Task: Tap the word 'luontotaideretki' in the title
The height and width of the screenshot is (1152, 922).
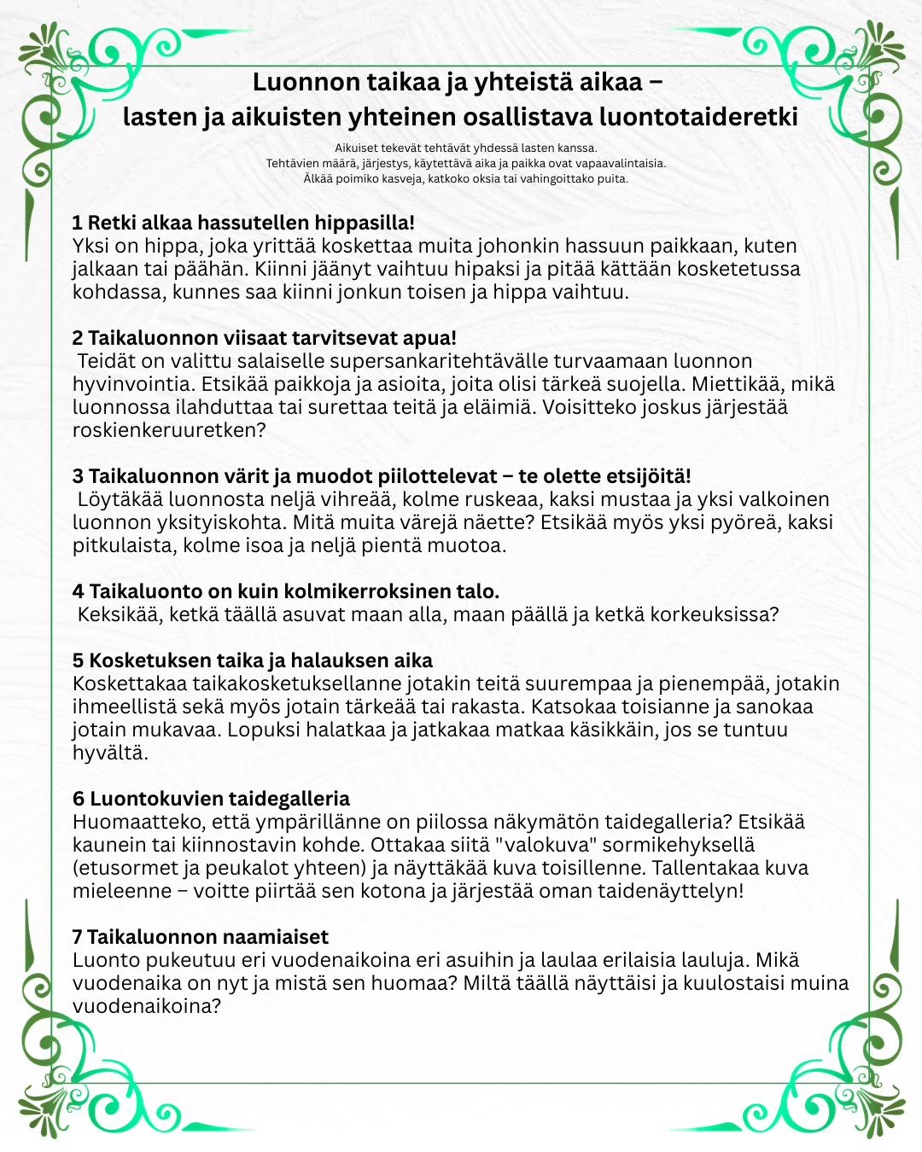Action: (698, 116)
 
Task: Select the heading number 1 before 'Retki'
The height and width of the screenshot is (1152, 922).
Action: (77, 224)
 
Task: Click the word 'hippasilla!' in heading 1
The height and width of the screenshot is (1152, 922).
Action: (365, 224)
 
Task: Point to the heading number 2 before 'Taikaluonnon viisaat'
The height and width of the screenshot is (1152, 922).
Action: (78, 339)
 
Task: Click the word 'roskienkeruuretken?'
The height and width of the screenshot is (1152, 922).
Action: (169, 430)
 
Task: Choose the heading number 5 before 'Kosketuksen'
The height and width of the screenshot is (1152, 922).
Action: (79, 660)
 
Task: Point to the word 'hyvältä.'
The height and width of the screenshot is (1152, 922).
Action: (110, 753)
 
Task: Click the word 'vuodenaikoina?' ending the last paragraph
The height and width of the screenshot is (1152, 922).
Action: (147, 1006)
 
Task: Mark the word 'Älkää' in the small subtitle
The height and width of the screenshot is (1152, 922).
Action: (318, 179)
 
